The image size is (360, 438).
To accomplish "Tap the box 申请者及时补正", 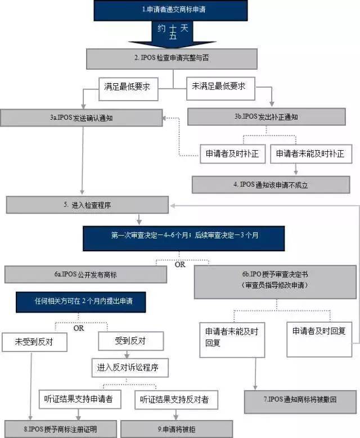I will tap(232, 154).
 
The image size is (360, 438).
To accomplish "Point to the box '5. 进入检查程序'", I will tap(87, 205).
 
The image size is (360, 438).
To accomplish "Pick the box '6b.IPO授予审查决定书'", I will tap(275, 279).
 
